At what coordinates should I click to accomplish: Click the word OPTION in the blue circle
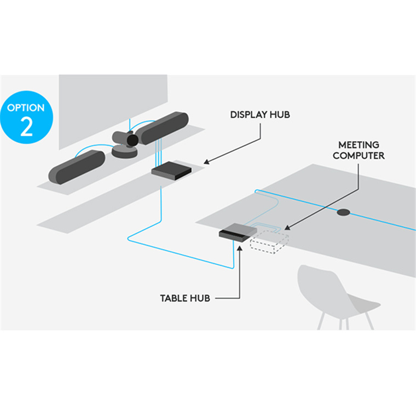(26, 108)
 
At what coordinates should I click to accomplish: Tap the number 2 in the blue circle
(26, 127)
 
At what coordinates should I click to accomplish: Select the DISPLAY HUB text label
(260, 114)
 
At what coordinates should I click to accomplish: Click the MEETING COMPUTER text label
(359, 150)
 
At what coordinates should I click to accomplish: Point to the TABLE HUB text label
(185, 298)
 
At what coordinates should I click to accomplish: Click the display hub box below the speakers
(171, 171)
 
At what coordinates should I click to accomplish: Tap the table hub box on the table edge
(238, 233)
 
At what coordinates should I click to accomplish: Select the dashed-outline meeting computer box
(269, 242)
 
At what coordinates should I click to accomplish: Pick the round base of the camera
(124, 152)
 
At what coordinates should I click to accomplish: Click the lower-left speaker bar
(77, 167)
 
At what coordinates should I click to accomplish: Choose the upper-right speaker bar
(163, 128)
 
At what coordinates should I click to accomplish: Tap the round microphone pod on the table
(343, 212)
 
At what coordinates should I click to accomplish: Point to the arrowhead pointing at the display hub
(206, 161)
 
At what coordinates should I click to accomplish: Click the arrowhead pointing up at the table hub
(240, 249)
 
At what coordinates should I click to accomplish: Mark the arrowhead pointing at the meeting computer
(287, 227)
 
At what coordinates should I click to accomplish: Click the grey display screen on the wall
(113, 109)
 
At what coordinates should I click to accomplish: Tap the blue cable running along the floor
(181, 254)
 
